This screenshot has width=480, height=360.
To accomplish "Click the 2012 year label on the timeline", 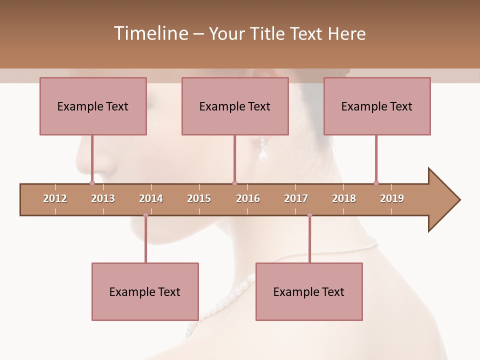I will click(x=55, y=198).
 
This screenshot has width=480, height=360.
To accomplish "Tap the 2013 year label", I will click(x=103, y=198).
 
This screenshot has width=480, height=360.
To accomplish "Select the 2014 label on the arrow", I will click(x=151, y=198).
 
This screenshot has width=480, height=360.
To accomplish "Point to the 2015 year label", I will click(x=199, y=198).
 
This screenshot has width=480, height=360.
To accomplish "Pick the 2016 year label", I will click(x=248, y=198).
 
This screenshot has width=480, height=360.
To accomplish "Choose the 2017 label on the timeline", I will click(x=296, y=198).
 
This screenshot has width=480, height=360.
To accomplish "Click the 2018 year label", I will click(x=344, y=198).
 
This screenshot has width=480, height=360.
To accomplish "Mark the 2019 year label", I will click(x=392, y=198).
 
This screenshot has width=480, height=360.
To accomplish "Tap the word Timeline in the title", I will click(x=149, y=33).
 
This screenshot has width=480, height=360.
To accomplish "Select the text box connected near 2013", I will click(x=93, y=106).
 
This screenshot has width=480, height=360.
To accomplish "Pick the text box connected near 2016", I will click(x=235, y=106).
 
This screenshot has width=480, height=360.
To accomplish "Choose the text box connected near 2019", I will click(x=377, y=106).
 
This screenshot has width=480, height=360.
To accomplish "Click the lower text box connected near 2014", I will click(x=145, y=291).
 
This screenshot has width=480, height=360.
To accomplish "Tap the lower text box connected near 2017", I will click(x=309, y=291).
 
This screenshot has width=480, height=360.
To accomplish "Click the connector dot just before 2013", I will click(x=92, y=183).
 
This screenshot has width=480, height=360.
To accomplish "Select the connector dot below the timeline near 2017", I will click(x=309, y=215).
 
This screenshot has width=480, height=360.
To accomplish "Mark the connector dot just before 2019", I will click(x=376, y=183).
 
